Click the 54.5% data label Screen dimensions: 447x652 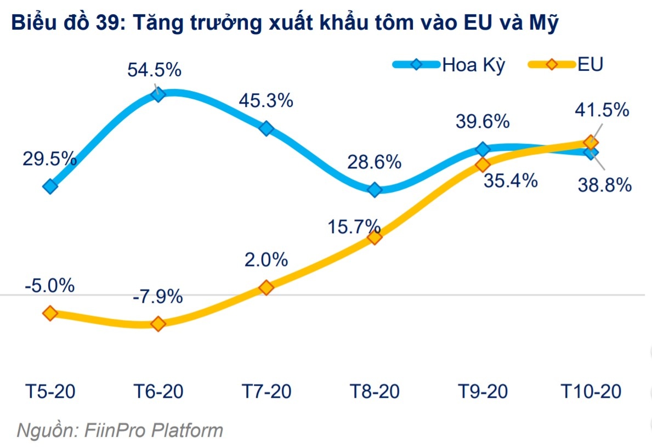(x=154, y=71)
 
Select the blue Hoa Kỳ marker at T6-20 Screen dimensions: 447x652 (x=158, y=94)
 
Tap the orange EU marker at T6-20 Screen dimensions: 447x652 (x=158, y=324)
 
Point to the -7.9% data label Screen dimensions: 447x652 (x=157, y=297)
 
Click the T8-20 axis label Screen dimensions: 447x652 (x=375, y=392)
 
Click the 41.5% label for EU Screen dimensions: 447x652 (x=602, y=110)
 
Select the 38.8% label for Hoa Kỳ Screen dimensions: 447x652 (x=605, y=185)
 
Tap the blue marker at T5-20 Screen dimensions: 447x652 (x=50, y=186)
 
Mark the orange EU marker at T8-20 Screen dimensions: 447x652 (x=375, y=237)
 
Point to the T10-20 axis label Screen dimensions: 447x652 (x=591, y=392)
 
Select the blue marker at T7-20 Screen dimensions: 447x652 (x=267, y=128)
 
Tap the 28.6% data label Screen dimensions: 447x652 (x=375, y=162)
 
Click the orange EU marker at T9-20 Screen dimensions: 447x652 (x=483, y=165)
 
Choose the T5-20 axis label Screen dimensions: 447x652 (x=50, y=392)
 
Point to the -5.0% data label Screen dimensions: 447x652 (x=49, y=286)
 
